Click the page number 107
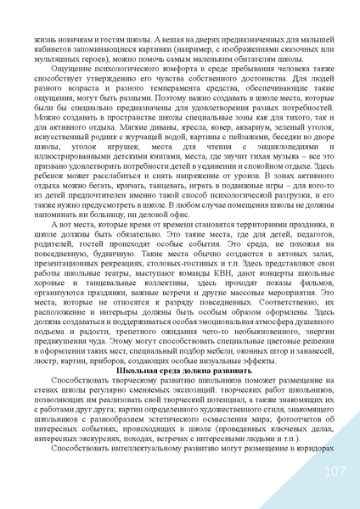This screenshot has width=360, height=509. pyautogui.click(x=334, y=472)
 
